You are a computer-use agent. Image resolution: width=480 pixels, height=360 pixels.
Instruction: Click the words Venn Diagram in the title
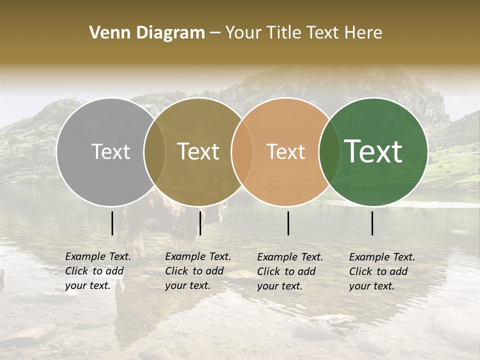(147, 33)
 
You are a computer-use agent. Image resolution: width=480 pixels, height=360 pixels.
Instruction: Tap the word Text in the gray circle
(110, 152)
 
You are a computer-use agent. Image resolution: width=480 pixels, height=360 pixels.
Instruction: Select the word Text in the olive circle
(198, 152)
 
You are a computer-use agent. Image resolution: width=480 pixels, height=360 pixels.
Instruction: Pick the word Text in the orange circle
(285, 152)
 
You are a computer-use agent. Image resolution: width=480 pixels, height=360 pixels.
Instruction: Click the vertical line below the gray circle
(112, 223)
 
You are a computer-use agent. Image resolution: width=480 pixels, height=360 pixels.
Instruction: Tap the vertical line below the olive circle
(200, 223)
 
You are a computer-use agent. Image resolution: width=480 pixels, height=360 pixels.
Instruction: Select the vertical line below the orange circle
(288, 223)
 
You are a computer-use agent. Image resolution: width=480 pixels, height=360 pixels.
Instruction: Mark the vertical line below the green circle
(372, 223)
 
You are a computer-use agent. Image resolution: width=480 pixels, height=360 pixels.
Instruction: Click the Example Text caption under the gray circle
(97, 271)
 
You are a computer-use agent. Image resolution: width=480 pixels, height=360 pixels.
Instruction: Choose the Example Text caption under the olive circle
(197, 271)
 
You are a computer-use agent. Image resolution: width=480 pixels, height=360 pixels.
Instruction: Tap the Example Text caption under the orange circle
(289, 271)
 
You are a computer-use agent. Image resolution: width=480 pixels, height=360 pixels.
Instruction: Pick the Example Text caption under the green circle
(381, 271)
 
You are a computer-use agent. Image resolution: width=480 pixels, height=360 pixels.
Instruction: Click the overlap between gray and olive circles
(154, 152)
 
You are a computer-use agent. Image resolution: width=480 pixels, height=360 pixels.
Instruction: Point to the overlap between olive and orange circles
(242, 152)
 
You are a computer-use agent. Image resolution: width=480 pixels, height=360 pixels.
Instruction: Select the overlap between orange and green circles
(329, 152)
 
